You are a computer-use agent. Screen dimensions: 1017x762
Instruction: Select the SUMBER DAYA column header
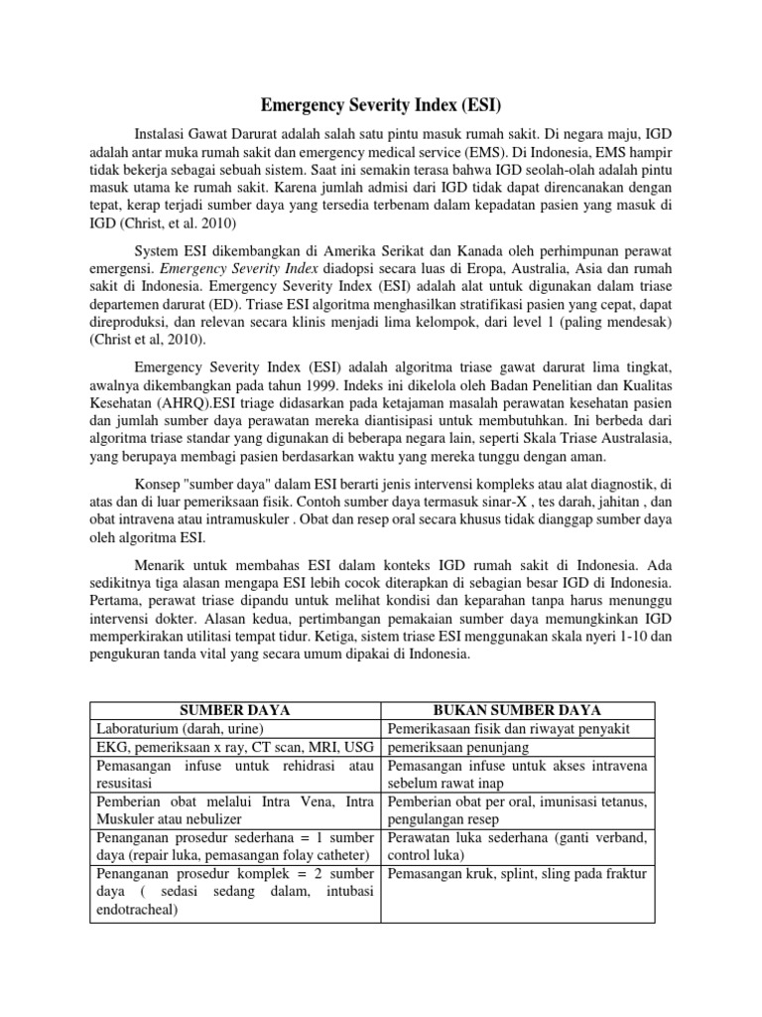(235, 710)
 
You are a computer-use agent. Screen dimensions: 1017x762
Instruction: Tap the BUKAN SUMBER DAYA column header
(518, 710)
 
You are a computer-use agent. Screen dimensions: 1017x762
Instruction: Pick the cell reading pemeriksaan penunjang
(456, 747)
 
